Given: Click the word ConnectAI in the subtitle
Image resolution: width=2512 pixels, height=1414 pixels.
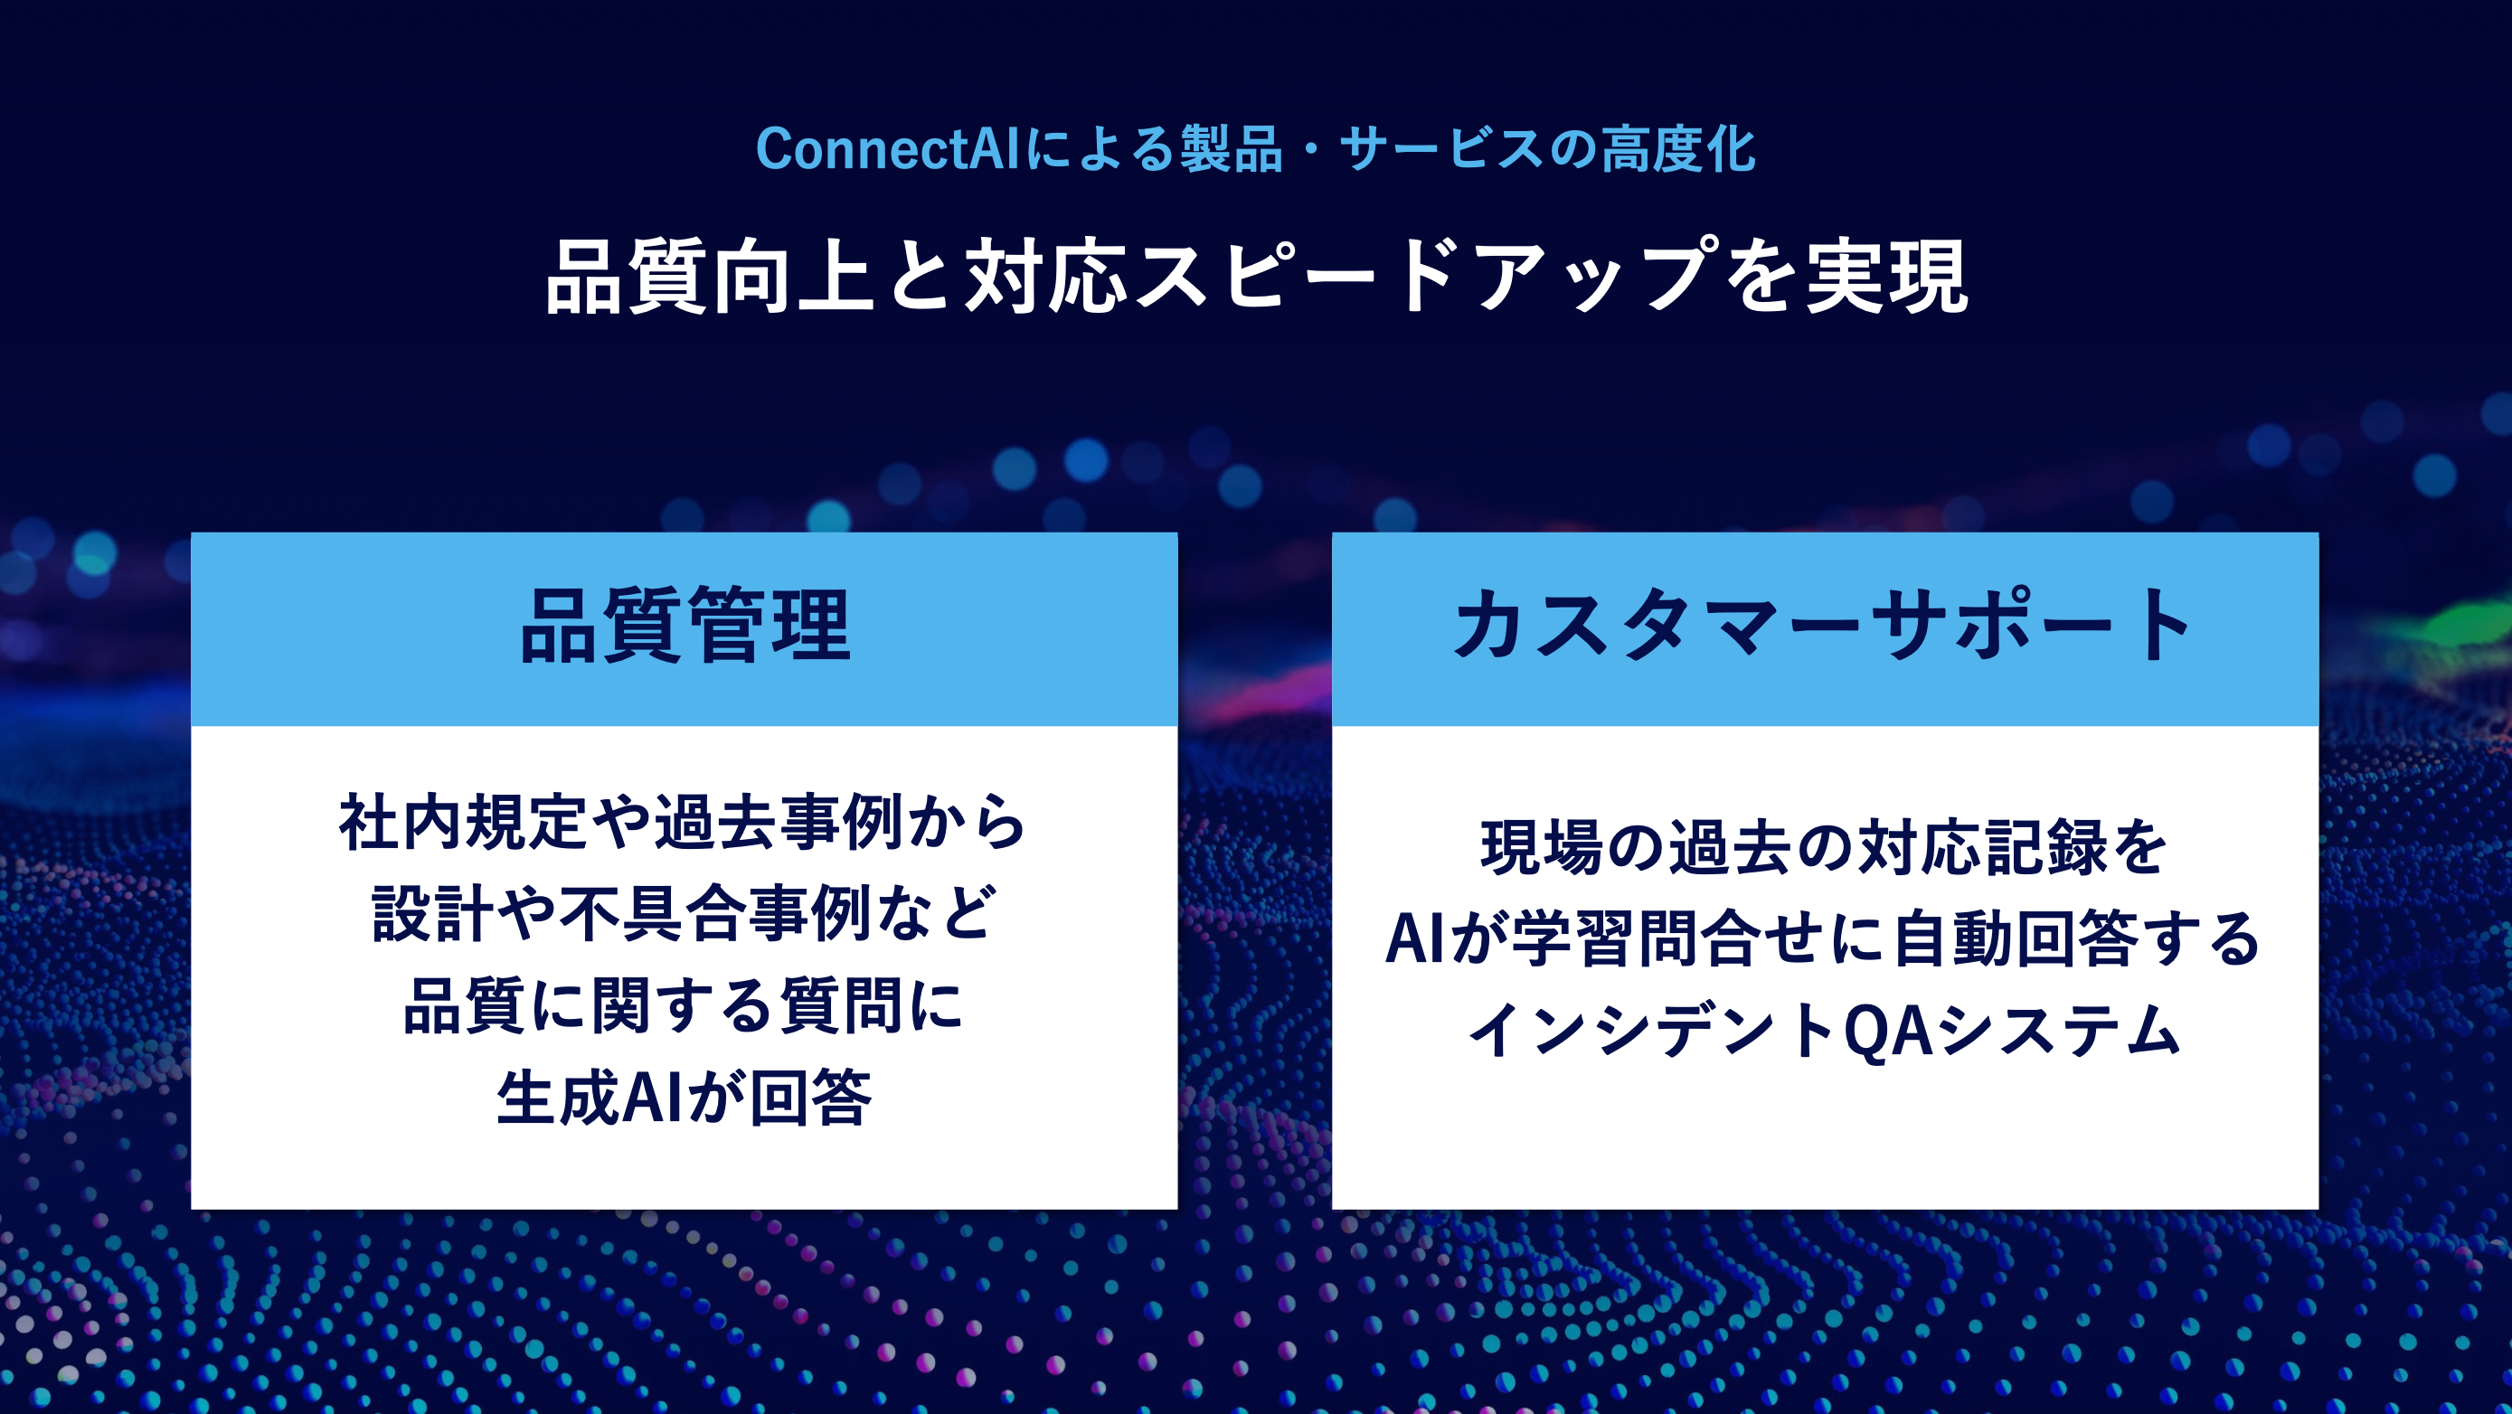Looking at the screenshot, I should click(886, 149).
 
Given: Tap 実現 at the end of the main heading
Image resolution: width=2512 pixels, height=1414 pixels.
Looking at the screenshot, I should click(1886, 277).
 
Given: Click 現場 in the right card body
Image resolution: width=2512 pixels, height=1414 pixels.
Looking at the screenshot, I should click(1541, 846).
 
